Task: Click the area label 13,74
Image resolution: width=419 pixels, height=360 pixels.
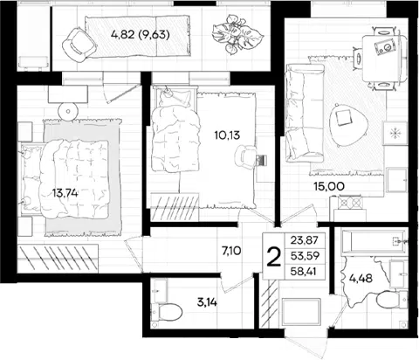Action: pyautogui.click(x=65, y=193)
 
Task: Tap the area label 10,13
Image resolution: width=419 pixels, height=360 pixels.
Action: pyautogui.click(x=227, y=135)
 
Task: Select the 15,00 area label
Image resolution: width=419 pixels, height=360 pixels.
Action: pyautogui.click(x=329, y=186)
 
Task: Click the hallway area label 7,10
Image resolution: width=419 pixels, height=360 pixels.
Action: pyautogui.click(x=231, y=250)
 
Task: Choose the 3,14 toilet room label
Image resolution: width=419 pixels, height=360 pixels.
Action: pyautogui.click(x=207, y=302)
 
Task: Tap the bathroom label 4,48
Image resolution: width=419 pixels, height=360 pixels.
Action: pyautogui.click(x=361, y=279)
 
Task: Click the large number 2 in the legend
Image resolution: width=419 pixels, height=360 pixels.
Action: pyautogui.click(x=274, y=257)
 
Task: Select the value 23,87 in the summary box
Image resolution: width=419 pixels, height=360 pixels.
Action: pyautogui.click(x=305, y=240)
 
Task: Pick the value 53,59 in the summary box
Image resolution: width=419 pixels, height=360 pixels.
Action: pyautogui.click(x=305, y=256)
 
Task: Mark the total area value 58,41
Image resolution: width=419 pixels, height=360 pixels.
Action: pyautogui.click(x=305, y=272)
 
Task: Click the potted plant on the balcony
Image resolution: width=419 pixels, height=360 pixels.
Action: pyautogui.click(x=237, y=34)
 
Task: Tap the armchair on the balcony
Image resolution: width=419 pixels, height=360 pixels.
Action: pyautogui.click(x=79, y=45)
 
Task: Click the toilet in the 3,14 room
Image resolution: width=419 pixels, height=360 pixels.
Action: pyautogui.click(x=168, y=312)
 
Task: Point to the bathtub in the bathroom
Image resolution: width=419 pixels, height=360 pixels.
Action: pyautogui.click(x=374, y=242)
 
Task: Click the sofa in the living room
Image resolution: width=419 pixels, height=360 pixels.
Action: pyautogui.click(x=305, y=113)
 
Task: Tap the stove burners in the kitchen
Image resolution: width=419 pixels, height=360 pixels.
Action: pyautogui.click(x=349, y=202)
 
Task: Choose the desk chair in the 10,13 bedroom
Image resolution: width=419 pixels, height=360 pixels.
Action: pyautogui.click(x=246, y=157)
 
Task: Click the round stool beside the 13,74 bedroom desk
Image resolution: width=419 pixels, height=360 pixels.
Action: pyautogui.click(x=68, y=111)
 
